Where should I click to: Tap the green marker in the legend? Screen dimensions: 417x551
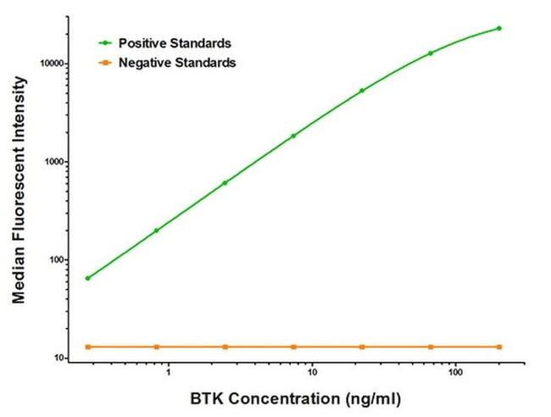click(x=106, y=42)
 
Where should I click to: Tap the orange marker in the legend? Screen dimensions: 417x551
click(x=106, y=62)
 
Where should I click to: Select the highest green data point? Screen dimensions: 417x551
click(x=499, y=28)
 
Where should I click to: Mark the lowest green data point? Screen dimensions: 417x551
click(x=87, y=278)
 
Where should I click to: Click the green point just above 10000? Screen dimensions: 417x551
click(x=431, y=53)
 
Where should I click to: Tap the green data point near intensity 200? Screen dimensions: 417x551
click(x=156, y=231)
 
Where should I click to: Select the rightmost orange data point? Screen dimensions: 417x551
click(x=499, y=347)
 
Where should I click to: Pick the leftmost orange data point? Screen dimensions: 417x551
click(x=87, y=347)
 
